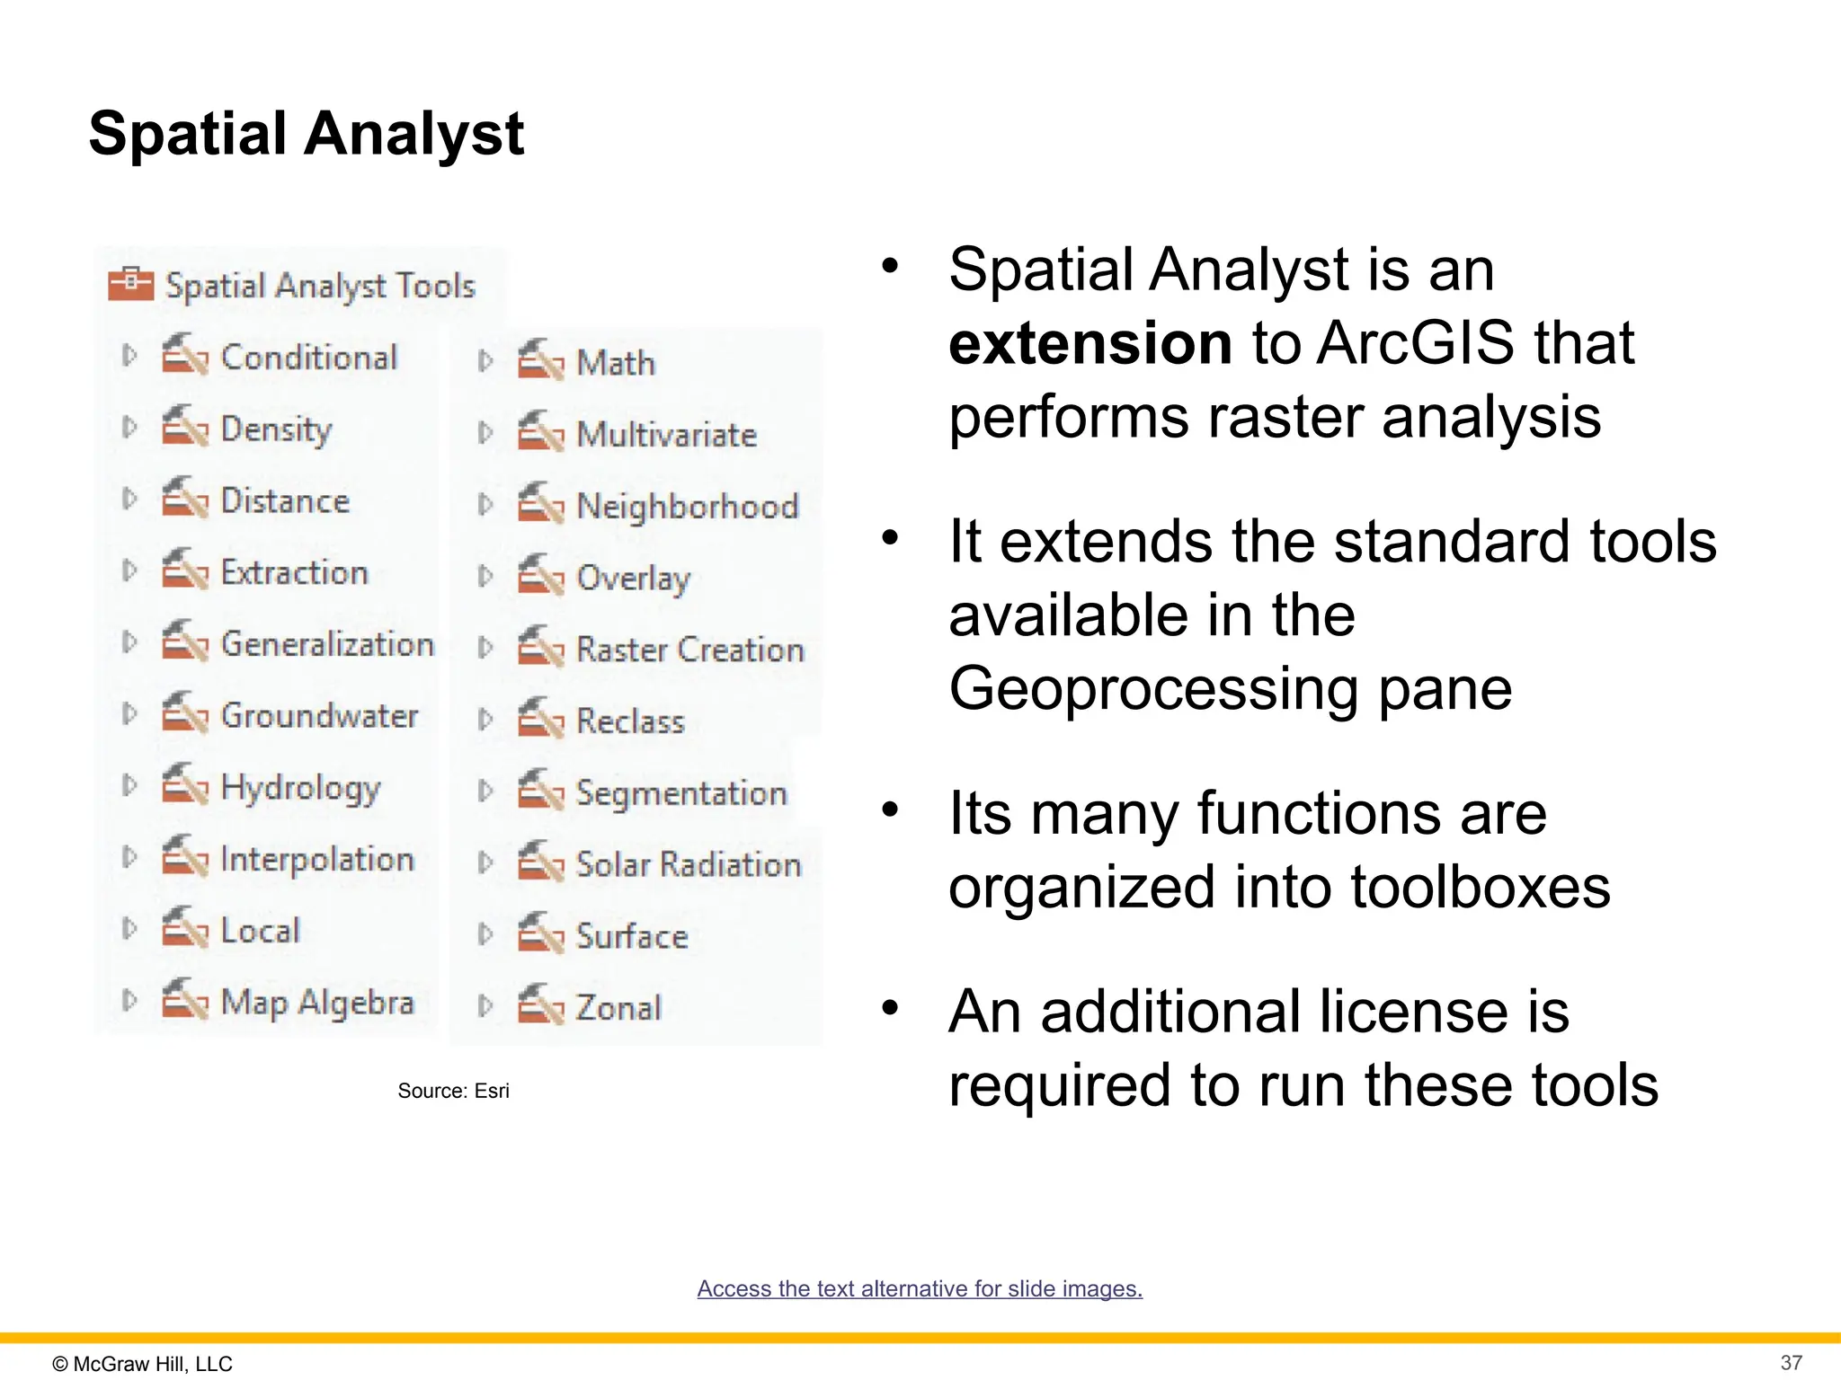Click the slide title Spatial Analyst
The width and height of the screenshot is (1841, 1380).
(x=306, y=134)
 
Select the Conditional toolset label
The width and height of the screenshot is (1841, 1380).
(x=308, y=358)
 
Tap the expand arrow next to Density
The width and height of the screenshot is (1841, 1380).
(x=129, y=428)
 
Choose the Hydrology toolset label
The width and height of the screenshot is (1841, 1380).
(x=300, y=788)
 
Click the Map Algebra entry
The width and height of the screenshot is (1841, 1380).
(x=316, y=1002)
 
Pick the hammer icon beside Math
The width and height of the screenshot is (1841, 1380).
(x=539, y=360)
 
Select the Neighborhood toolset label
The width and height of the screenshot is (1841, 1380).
(x=687, y=507)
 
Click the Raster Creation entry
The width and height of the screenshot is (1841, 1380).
(x=689, y=650)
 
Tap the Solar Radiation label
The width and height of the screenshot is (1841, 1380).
(x=688, y=864)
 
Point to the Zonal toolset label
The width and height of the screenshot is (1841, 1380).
(x=618, y=1008)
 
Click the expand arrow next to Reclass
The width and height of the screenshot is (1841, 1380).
(x=485, y=720)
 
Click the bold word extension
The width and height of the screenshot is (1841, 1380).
(x=1089, y=343)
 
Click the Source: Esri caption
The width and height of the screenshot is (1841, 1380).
(x=453, y=1091)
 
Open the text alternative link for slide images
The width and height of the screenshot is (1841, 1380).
(x=920, y=1288)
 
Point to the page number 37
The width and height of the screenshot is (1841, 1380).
(x=1791, y=1362)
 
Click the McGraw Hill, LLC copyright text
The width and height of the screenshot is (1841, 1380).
(x=143, y=1363)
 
